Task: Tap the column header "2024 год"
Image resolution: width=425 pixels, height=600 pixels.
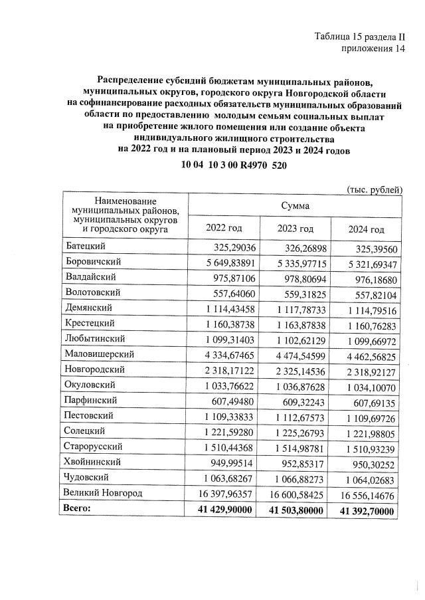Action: pos(366,229)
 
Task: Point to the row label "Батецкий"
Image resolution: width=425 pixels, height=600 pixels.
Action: pos(84,246)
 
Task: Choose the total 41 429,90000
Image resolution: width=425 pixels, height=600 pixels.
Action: pos(225,510)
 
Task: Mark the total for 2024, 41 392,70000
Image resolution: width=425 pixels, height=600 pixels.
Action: pos(367,512)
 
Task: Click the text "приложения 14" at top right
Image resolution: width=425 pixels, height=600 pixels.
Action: pos(373,49)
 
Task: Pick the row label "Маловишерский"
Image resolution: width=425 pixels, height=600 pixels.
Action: pos(98,354)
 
